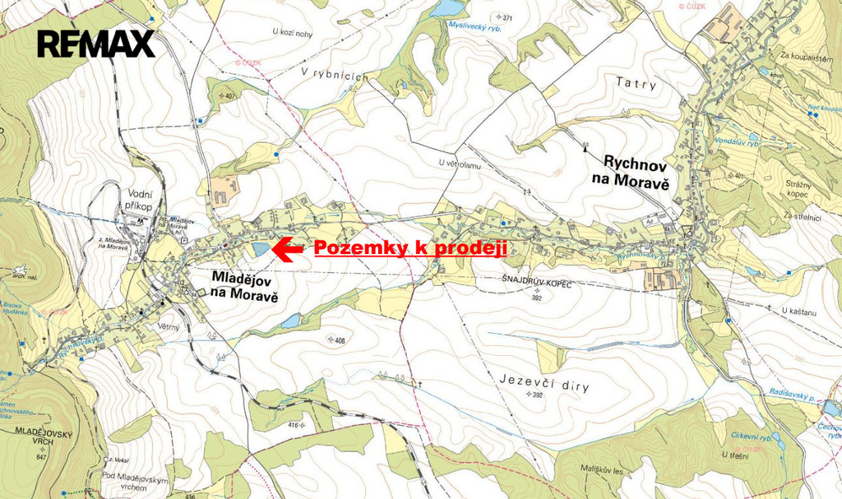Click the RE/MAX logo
pyautogui.click(x=96, y=43)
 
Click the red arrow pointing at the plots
pyautogui.click(x=288, y=249)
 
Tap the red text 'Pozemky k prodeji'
pyautogui.click(x=409, y=248)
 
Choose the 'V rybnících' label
pyautogui.click(x=332, y=73)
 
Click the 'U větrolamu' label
pyautogui.click(x=459, y=164)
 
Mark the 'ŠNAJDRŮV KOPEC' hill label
pyautogui.click(x=536, y=281)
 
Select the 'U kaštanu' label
pyautogui.click(x=804, y=310)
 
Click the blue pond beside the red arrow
pyautogui.click(x=261, y=247)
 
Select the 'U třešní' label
pyautogui.click(x=734, y=455)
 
